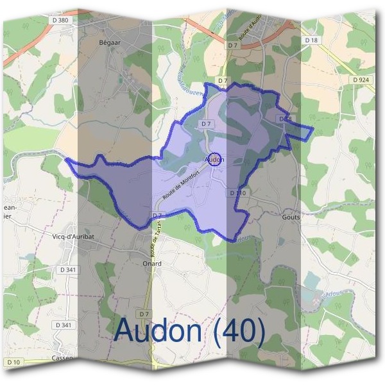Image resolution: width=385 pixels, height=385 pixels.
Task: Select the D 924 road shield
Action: click(361, 80)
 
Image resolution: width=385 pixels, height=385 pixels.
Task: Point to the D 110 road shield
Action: click(237, 193)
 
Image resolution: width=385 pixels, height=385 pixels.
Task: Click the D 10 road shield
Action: click(13, 363)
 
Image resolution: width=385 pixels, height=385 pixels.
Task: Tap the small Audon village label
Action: click(214, 158)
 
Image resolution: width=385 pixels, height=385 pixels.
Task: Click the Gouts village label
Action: click(291, 217)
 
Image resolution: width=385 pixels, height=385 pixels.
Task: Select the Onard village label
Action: click(151, 263)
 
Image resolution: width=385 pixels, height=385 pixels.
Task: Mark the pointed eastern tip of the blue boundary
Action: click(312, 131)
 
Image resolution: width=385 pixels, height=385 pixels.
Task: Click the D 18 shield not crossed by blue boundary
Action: click(312, 40)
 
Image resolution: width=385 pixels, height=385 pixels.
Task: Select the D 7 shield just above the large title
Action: click(144, 314)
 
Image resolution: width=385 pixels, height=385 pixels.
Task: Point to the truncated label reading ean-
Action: click(10, 207)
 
